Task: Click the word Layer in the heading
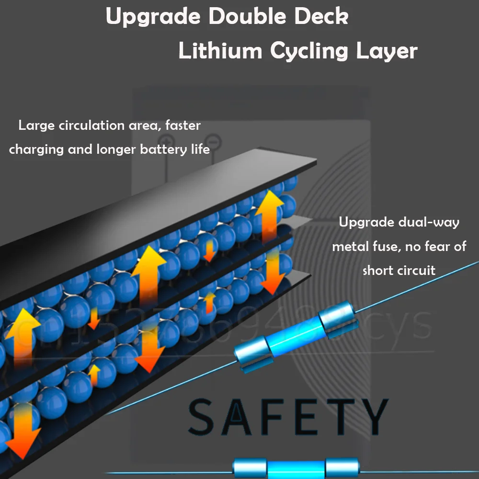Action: tap(386, 51)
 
